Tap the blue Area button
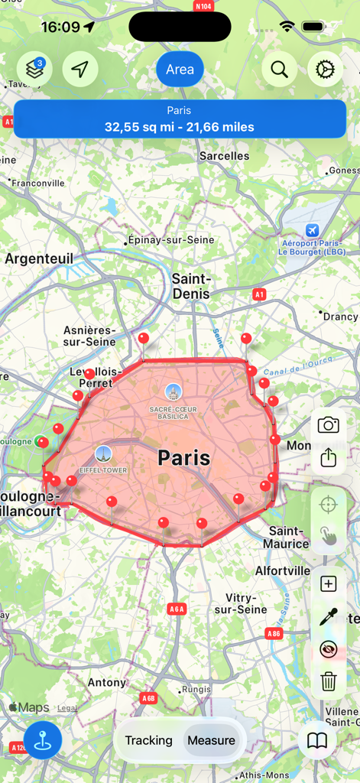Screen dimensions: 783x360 (x=180, y=70)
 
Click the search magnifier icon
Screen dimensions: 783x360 (x=280, y=70)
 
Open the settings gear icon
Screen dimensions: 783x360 (x=326, y=70)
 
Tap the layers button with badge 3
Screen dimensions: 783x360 (x=34, y=70)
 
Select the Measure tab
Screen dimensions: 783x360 (x=211, y=740)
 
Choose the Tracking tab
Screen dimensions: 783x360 (x=148, y=740)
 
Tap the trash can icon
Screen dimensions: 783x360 (x=329, y=681)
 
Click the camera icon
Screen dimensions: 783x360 (x=329, y=425)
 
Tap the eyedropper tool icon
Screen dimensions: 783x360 (x=329, y=617)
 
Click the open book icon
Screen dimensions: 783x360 (x=317, y=740)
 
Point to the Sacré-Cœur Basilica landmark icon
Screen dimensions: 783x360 (x=174, y=392)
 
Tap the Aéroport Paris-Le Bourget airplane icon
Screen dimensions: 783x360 (x=312, y=230)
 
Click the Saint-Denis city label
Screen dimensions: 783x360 (x=191, y=286)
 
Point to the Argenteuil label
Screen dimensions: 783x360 (x=39, y=258)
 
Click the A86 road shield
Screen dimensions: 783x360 (x=274, y=634)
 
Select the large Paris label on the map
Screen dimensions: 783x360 (x=184, y=458)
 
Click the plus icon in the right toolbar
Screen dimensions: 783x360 (x=329, y=584)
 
